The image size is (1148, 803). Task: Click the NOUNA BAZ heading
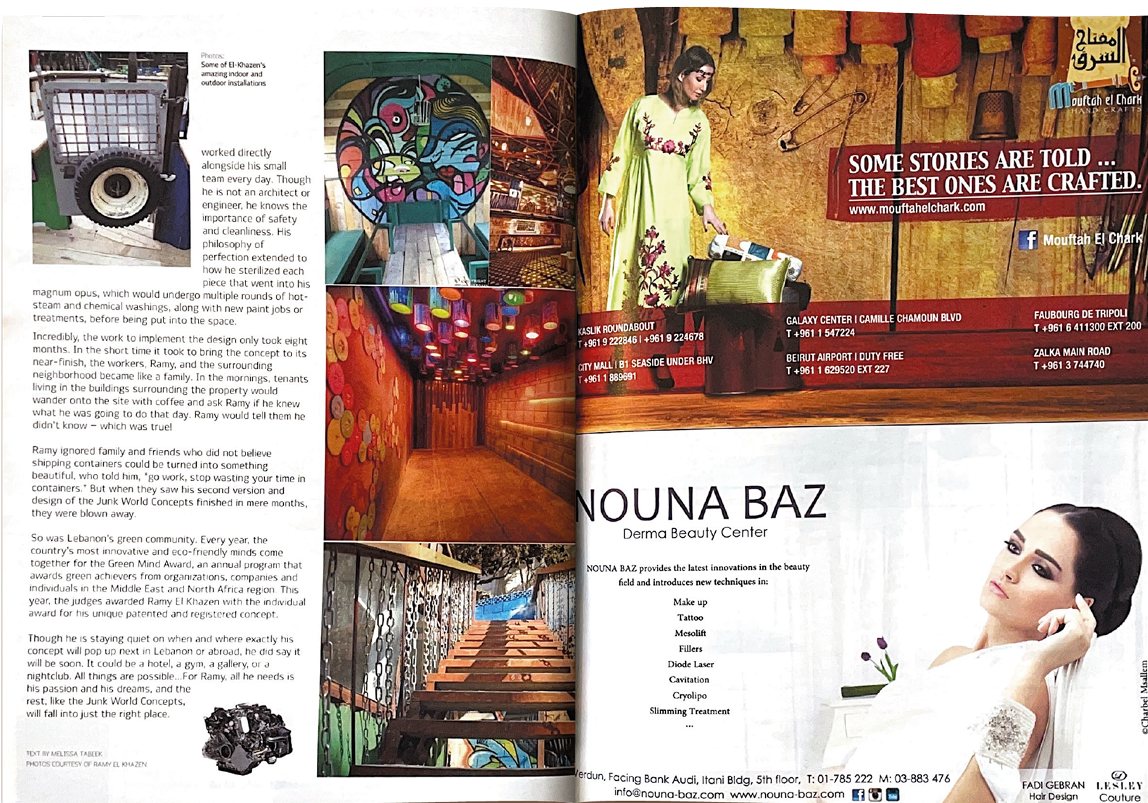(x=700, y=504)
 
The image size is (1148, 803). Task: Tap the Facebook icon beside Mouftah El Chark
(x=1028, y=240)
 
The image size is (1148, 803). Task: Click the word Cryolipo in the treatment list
(x=689, y=696)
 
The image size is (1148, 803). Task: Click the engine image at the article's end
(x=247, y=738)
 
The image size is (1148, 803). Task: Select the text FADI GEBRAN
(x=1053, y=785)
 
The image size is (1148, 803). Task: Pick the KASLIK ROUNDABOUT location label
(x=616, y=329)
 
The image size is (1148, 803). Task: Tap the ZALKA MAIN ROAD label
(x=1071, y=352)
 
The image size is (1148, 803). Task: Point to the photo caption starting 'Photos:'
(x=233, y=69)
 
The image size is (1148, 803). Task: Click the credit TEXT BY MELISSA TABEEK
(x=65, y=753)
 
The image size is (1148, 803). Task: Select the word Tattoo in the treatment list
(x=690, y=617)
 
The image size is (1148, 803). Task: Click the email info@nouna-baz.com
(x=668, y=794)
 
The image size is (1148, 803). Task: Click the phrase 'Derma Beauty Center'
(x=695, y=533)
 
